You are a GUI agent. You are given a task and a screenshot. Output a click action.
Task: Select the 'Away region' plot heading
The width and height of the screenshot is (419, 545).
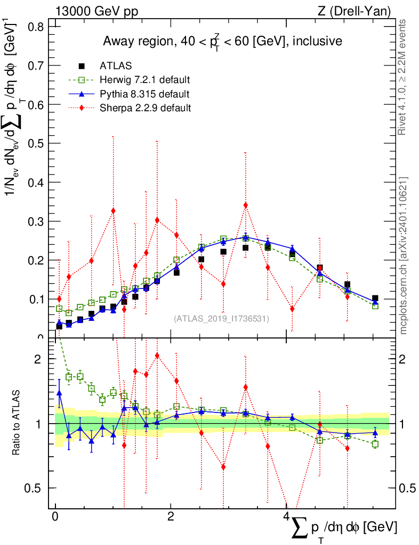tap(222, 41)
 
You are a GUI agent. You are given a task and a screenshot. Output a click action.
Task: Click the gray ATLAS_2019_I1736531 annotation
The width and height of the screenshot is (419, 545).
tap(221, 319)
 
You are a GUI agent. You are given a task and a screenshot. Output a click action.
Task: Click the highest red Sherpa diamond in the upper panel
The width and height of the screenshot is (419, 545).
tap(245, 205)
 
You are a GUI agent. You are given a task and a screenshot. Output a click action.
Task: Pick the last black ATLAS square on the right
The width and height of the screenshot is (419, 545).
tap(375, 299)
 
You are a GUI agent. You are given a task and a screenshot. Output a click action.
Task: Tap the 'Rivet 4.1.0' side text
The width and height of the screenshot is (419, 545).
tap(403, 77)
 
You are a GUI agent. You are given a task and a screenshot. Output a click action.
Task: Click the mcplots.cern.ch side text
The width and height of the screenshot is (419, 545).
tap(403, 255)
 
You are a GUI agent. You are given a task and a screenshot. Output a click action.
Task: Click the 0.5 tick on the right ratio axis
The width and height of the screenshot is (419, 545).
tap(403, 488)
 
